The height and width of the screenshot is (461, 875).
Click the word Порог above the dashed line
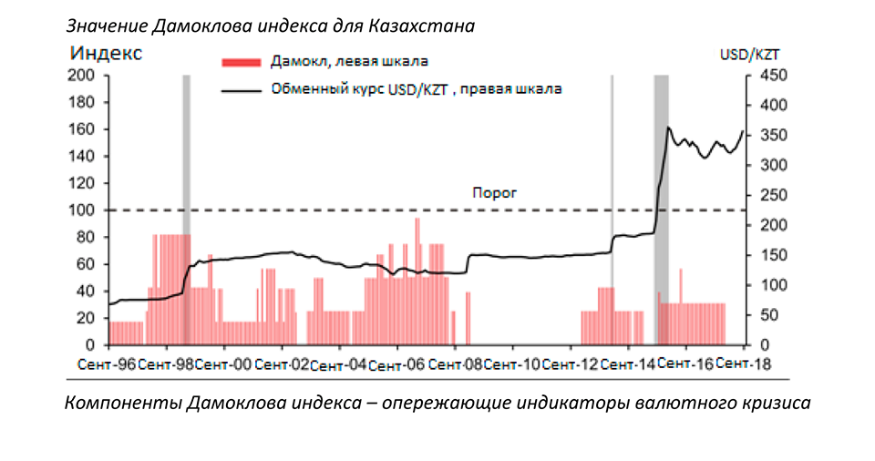[x=494, y=193]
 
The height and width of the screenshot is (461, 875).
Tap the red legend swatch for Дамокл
[x=242, y=62]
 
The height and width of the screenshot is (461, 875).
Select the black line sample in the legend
[x=242, y=89]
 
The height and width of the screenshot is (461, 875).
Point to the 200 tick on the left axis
[x=84, y=76]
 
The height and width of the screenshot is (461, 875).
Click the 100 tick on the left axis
[x=84, y=210]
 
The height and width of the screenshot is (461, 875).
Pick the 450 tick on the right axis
[x=763, y=76]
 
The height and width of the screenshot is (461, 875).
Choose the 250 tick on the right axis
[x=763, y=196]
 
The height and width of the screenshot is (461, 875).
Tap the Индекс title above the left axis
[x=106, y=53]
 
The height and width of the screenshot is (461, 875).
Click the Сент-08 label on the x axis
[x=455, y=364]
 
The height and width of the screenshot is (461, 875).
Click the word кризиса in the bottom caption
[x=773, y=402]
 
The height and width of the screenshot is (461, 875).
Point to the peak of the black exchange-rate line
[x=668, y=128]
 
